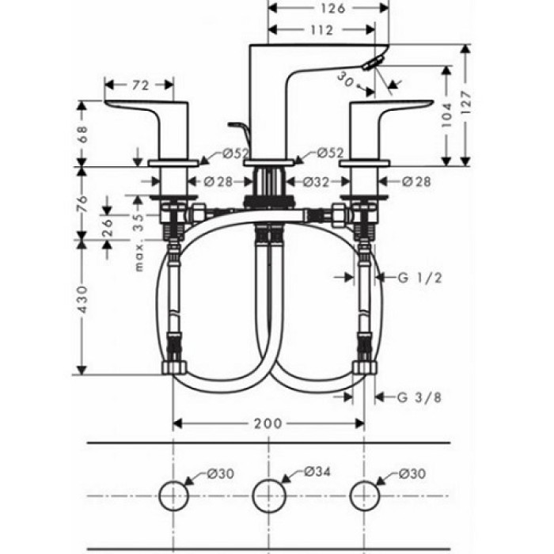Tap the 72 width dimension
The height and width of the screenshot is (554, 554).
click(x=139, y=83)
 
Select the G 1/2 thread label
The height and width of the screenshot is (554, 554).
click(x=419, y=277)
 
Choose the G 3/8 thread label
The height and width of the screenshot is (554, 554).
click(x=419, y=397)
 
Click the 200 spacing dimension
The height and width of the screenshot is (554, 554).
click(x=268, y=423)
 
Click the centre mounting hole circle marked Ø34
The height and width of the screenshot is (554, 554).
click(x=268, y=495)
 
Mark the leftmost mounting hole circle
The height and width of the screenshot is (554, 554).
click(x=173, y=495)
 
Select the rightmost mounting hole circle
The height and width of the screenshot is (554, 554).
click(x=364, y=495)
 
